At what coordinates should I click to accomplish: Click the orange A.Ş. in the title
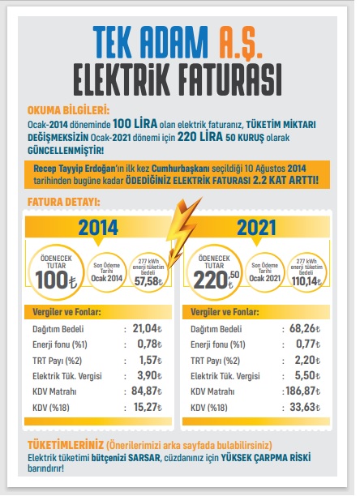240,43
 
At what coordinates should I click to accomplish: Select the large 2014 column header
98,228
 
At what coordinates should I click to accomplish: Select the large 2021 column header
256,228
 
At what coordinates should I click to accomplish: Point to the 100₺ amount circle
56,272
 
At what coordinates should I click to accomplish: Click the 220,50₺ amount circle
215,272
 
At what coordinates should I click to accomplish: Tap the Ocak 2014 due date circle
106,272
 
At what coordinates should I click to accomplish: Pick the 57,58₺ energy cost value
148,281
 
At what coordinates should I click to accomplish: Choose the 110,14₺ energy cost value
306,281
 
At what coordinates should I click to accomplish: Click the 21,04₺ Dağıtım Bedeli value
147,329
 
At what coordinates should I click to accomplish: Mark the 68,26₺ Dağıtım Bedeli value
305,329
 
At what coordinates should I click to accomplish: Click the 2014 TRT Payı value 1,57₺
151,360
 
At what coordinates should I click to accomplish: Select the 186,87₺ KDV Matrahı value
303,391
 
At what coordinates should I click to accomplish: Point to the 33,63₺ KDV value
305,407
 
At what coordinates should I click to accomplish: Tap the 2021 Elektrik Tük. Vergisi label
225,376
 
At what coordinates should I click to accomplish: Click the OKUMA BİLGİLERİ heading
68,110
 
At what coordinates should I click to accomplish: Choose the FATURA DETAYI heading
64,202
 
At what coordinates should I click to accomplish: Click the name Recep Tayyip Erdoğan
75,169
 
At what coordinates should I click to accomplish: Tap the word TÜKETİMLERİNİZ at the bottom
66,445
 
